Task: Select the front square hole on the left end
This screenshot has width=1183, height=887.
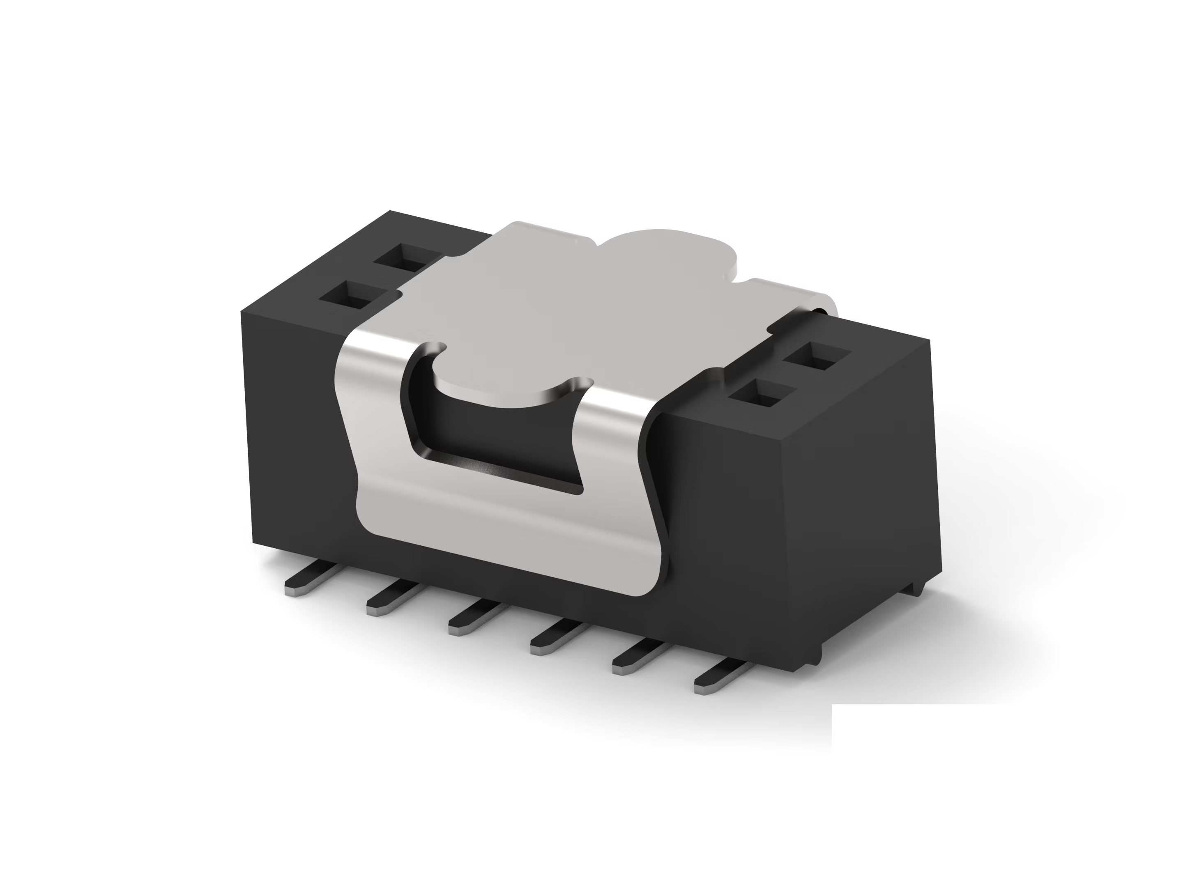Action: coord(350,295)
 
